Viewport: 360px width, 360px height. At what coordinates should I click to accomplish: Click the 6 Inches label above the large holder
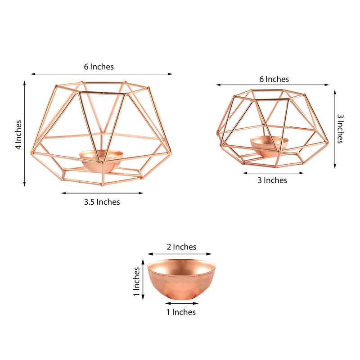(x=99, y=67)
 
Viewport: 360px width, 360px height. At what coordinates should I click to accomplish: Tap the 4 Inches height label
(x=18, y=135)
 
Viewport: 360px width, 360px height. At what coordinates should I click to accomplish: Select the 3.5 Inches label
(x=102, y=202)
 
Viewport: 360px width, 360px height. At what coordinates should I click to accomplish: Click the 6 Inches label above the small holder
(x=274, y=79)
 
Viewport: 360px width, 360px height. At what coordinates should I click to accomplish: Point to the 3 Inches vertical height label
(x=341, y=128)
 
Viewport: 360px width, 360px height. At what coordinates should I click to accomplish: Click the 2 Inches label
(x=181, y=247)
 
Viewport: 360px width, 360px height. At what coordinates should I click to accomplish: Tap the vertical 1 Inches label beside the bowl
(x=136, y=282)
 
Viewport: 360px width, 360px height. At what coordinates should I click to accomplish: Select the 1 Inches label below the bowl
(x=181, y=312)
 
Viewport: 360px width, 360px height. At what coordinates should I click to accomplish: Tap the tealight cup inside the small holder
(x=269, y=145)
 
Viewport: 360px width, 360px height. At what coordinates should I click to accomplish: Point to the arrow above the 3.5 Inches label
(x=102, y=193)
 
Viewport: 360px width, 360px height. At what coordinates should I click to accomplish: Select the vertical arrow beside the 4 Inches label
(x=24, y=133)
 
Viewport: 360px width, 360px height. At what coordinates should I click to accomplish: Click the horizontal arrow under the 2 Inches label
(x=179, y=254)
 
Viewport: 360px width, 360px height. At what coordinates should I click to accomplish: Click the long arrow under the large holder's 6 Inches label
(x=101, y=74)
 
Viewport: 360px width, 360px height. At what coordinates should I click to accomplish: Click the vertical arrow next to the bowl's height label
(x=143, y=282)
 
